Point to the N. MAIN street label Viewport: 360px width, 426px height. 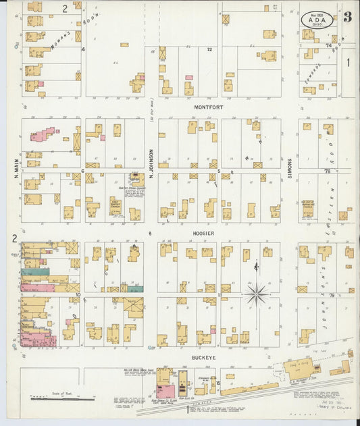point(14,169)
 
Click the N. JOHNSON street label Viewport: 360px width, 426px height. point(152,164)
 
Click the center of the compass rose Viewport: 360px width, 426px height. point(256,294)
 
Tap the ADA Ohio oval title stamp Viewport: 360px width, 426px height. point(316,19)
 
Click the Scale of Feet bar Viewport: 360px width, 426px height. point(66,399)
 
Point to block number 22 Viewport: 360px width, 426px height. point(209,50)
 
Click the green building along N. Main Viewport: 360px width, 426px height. point(35,271)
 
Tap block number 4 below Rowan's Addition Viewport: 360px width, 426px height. point(83,49)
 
